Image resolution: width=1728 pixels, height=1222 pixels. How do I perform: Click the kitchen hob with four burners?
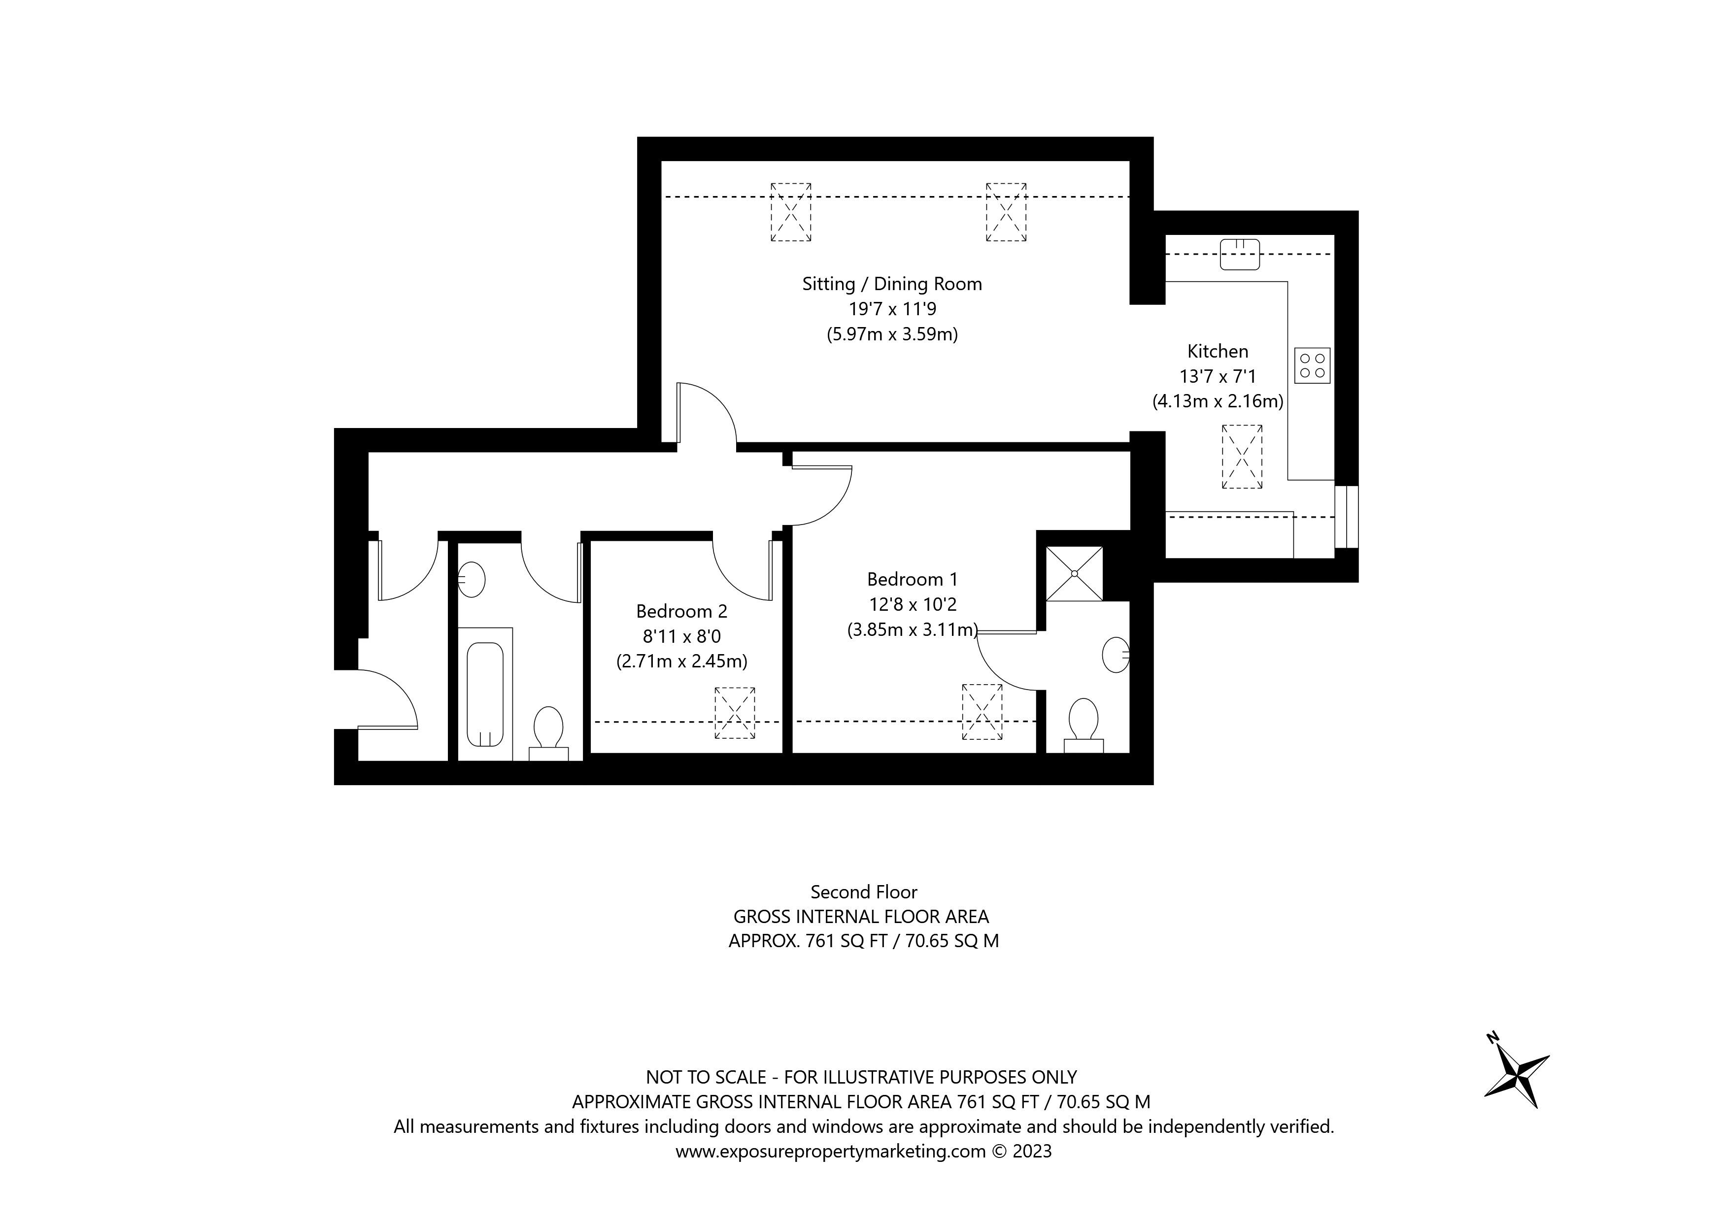(1313, 365)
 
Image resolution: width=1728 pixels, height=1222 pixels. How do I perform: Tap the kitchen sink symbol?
(1240, 254)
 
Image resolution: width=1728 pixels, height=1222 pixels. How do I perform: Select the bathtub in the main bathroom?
(485, 694)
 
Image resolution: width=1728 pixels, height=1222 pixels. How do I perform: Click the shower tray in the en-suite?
(1074, 573)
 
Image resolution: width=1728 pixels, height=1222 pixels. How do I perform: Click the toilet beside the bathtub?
(548, 728)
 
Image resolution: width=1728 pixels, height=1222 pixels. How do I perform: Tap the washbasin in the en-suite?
(1116, 655)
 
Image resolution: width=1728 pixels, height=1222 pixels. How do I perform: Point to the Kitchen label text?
(1217, 351)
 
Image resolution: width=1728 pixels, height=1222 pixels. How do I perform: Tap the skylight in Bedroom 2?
(735, 713)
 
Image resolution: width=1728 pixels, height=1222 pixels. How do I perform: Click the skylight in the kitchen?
(1242, 457)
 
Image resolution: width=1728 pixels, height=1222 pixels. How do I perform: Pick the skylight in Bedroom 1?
(982, 712)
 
